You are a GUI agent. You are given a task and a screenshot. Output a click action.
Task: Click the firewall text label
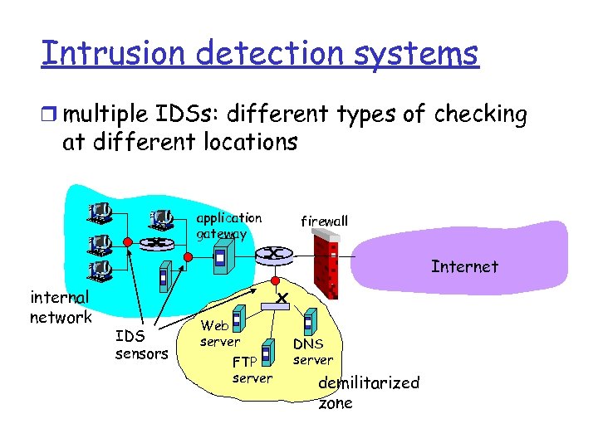324,221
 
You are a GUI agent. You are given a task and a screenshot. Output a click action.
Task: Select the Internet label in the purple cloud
464,266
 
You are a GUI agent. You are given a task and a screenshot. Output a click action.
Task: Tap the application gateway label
228,226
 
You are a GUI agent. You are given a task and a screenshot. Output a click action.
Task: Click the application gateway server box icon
219,260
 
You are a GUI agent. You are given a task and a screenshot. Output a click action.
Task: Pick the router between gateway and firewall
274,254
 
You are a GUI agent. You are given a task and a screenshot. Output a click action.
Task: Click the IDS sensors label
140,345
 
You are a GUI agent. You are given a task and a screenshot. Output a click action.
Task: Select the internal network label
59,307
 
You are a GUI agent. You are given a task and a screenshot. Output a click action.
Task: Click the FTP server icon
267,352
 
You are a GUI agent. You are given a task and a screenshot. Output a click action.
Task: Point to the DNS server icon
308,322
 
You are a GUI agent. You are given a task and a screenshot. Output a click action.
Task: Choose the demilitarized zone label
369,392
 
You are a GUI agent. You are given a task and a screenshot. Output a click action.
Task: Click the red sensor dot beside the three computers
126,241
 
